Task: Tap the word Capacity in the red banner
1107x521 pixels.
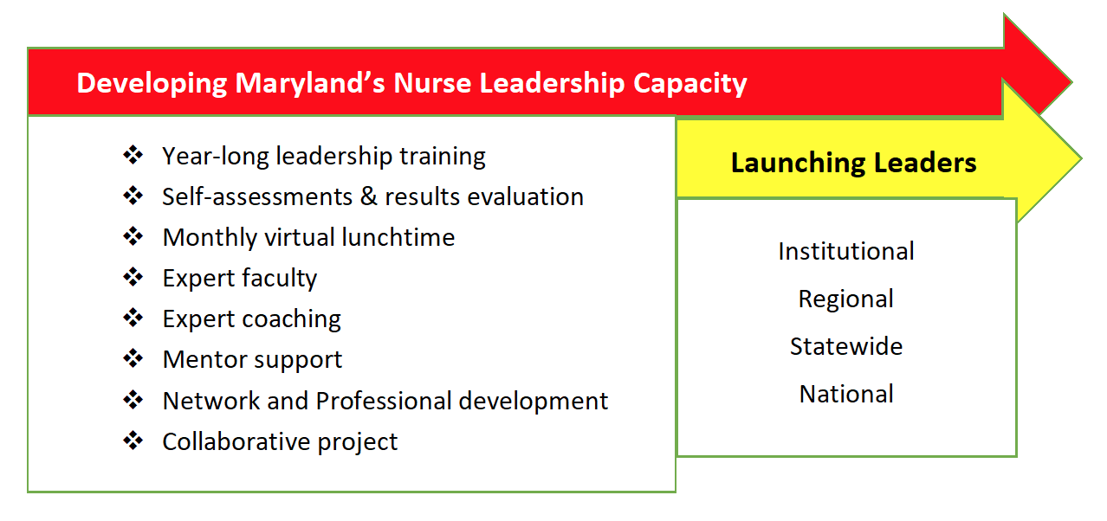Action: [689, 83]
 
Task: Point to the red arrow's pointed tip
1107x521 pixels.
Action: [1071, 82]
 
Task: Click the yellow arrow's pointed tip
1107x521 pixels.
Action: [1081, 158]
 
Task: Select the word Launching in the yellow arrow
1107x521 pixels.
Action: [798, 164]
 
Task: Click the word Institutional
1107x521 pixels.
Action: [846, 251]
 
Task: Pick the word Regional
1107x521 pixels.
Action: [846, 299]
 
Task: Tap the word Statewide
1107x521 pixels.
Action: [846, 346]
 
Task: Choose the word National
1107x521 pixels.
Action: [846, 394]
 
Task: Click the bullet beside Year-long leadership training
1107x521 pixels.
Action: [133, 155]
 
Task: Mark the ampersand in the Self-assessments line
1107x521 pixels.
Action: [368, 196]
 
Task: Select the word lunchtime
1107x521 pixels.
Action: [398, 237]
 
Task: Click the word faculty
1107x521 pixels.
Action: [279, 279]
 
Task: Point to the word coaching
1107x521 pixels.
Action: [291, 319]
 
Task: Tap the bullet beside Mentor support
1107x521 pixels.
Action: [133, 358]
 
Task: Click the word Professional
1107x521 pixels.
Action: [384, 401]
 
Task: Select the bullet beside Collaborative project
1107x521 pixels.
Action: [133, 440]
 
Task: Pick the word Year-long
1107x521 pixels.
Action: [216, 157]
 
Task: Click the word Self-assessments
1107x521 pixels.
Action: [257, 196]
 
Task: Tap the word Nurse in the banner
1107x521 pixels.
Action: [432, 83]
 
